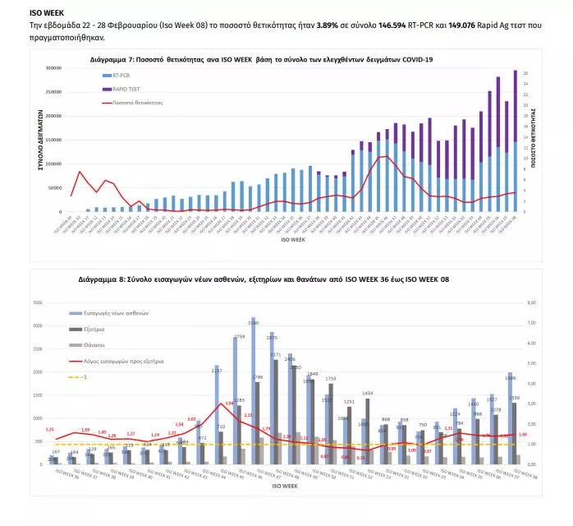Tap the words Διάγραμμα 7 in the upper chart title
[x=111, y=60]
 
